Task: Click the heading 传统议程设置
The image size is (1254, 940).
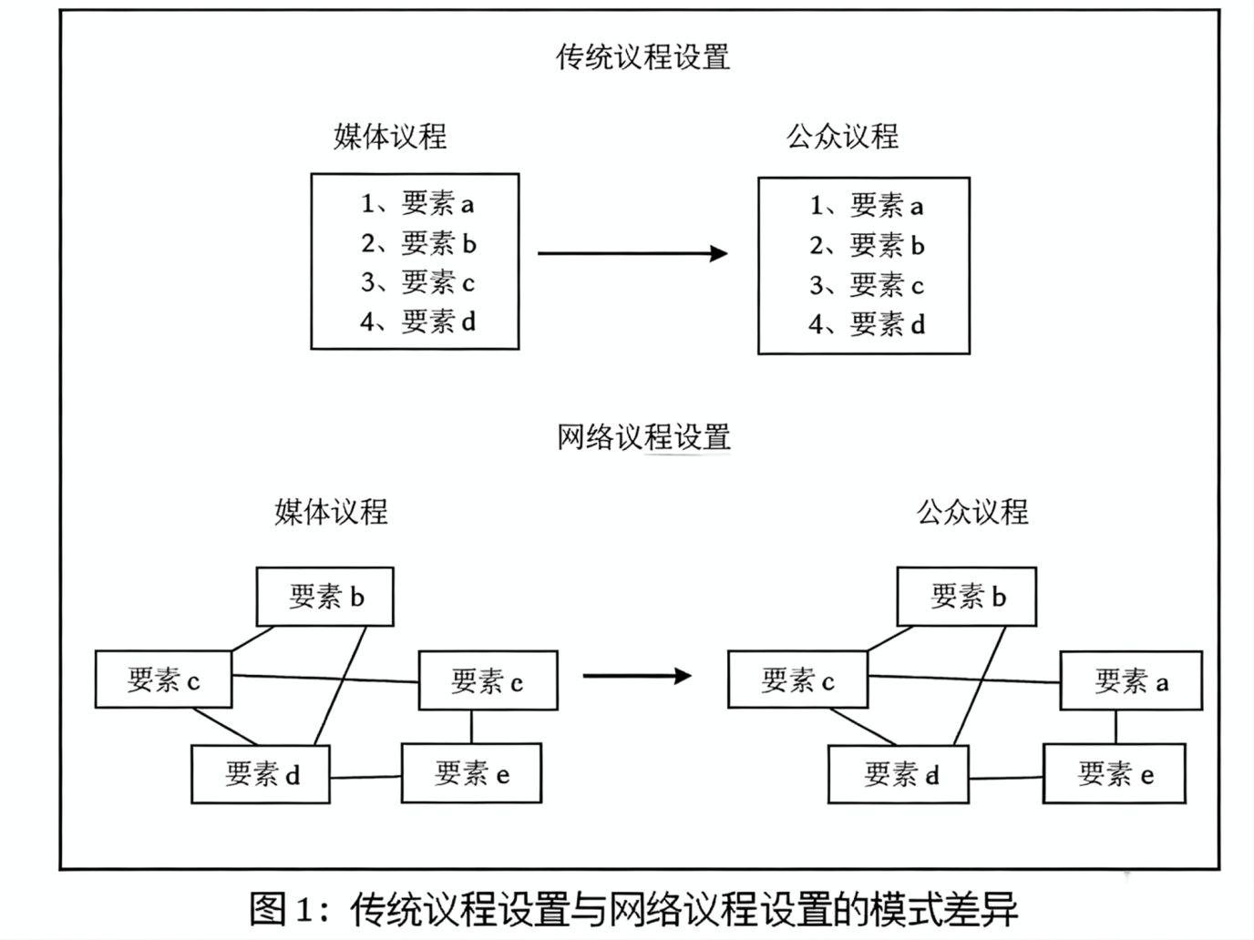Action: pyautogui.click(x=642, y=57)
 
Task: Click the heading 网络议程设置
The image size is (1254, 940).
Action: pyautogui.click(x=643, y=437)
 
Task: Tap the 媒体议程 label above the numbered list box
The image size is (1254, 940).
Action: pyautogui.click(x=390, y=137)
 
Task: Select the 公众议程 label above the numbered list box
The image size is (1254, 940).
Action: pyautogui.click(x=842, y=137)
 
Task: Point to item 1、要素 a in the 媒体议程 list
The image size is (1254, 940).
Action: pyautogui.click(x=417, y=203)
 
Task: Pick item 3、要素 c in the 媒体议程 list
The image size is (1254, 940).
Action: pyautogui.click(x=417, y=282)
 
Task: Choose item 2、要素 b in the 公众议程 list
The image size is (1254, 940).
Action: pyautogui.click(x=867, y=246)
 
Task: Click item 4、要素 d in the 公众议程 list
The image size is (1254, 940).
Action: pyautogui.click(x=867, y=324)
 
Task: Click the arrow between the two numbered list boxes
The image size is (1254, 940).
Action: pyautogui.click(x=632, y=253)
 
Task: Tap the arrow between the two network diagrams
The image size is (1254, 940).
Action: pyautogui.click(x=637, y=676)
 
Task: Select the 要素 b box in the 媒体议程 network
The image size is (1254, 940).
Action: pyautogui.click(x=325, y=597)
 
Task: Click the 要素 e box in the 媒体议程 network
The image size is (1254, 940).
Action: pyautogui.click(x=471, y=773)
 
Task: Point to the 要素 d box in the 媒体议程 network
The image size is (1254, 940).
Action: pyautogui.click(x=261, y=774)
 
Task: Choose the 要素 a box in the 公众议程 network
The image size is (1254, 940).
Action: pyautogui.click(x=1131, y=681)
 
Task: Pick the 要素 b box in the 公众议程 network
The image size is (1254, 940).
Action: pyautogui.click(x=967, y=597)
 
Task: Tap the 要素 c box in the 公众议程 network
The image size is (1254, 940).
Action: pyautogui.click(x=797, y=680)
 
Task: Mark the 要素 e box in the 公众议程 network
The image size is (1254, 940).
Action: pyautogui.click(x=1115, y=774)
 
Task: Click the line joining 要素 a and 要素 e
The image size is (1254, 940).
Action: pyautogui.click(x=1115, y=727)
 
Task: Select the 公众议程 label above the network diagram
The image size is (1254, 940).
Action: pyautogui.click(x=972, y=512)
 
